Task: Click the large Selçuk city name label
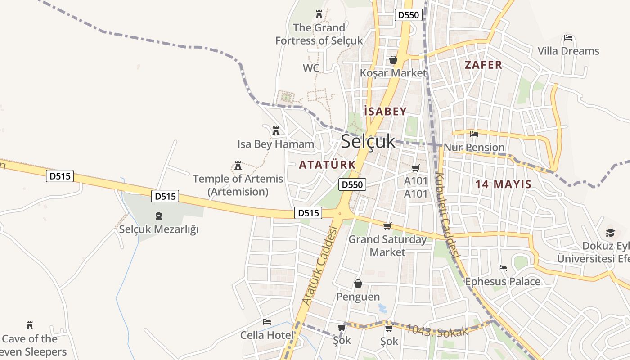(368, 141)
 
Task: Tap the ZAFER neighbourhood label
(483, 65)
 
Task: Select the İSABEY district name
(385, 112)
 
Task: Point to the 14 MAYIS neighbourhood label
(504, 184)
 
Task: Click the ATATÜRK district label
(327, 165)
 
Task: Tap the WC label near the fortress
(311, 68)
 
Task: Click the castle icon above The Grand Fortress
(319, 14)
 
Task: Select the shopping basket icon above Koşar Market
(393, 60)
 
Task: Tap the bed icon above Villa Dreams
(568, 38)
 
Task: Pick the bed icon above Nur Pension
(474, 134)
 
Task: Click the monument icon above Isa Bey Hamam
(276, 131)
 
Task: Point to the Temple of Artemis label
(238, 185)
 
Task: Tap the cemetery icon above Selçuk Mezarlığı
(158, 216)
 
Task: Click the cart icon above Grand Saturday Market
(387, 226)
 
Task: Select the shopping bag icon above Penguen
(358, 283)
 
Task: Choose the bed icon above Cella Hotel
(267, 322)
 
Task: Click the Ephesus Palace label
(503, 282)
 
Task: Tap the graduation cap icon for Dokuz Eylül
(610, 233)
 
